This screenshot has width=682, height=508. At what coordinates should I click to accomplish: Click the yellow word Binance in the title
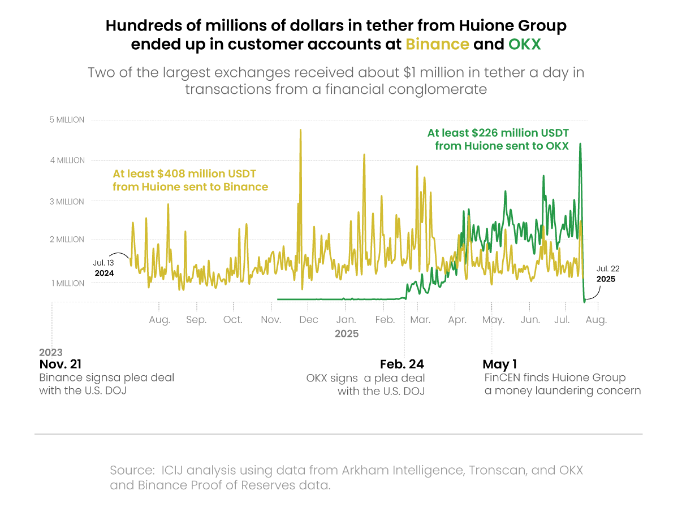(x=437, y=45)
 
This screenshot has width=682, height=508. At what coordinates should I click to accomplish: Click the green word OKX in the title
(x=524, y=45)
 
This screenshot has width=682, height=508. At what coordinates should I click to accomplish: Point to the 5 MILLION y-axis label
(x=67, y=120)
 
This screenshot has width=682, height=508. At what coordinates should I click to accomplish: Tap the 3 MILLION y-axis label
(x=67, y=202)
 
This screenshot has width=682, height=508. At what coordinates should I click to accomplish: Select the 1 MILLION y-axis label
(x=67, y=283)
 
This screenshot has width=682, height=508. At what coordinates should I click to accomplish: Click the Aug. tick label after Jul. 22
(x=596, y=320)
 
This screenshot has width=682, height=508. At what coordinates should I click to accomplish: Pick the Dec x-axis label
(x=309, y=320)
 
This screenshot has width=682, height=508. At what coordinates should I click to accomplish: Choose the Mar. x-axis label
(x=420, y=320)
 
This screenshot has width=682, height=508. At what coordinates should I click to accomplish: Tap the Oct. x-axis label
(x=232, y=320)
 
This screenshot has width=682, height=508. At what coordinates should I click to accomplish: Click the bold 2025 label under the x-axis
(x=347, y=334)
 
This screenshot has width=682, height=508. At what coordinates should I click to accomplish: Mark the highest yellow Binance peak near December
(x=300, y=131)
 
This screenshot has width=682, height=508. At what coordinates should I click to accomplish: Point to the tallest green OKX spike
(x=580, y=145)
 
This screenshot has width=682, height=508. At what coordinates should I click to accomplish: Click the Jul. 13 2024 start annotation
(x=104, y=268)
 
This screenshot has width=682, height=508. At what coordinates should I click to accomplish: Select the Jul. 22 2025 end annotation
(x=606, y=273)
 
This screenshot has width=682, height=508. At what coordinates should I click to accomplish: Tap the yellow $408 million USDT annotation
(x=190, y=180)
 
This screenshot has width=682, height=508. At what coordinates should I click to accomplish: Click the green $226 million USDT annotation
(x=498, y=139)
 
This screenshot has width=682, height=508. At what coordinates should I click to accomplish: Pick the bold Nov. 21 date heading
(x=61, y=364)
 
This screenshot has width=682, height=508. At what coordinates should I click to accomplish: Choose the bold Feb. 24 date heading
(x=402, y=364)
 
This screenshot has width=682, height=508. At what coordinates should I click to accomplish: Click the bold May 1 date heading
(x=500, y=364)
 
